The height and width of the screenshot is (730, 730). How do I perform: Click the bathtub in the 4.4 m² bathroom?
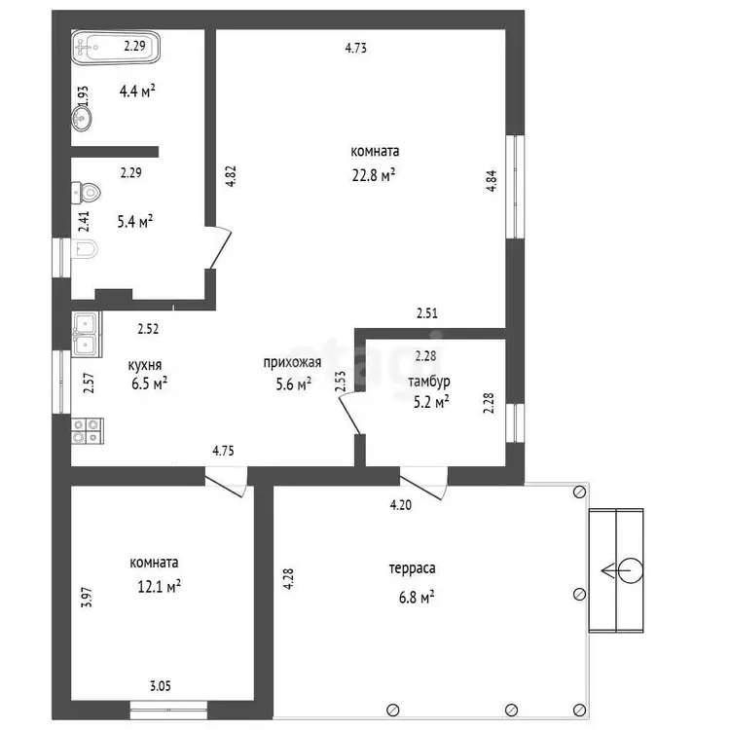coord(116,47)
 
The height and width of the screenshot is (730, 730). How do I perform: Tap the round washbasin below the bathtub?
coord(82,118)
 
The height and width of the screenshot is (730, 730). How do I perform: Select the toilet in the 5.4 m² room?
coord(86,193)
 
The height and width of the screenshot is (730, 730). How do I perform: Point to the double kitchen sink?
coord(87,334)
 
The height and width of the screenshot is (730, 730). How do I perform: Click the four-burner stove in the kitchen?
coord(87,430)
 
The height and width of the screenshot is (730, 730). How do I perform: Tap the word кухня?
coord(145,365)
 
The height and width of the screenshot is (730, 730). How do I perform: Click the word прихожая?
coord(292,362)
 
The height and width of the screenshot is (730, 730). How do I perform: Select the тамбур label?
coord(429,382)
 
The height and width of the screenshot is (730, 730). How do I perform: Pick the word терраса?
coord(412,568)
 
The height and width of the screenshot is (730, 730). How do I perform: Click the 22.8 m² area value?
coord(374,175)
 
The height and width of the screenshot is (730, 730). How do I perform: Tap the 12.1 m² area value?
coord(159,586)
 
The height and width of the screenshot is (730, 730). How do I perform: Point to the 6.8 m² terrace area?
coord(417,597)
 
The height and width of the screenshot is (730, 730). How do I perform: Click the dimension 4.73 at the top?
coord(355,48)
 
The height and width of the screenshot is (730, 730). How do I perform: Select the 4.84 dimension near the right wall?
coord(492,181)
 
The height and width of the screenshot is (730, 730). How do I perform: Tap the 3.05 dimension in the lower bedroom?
coord(161,686)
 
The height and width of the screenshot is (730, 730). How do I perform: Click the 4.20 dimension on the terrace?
coord(400,505)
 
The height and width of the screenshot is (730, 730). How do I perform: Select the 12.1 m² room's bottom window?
coord(168,710)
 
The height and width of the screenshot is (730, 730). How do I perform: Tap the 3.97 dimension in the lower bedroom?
coord(87,598)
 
